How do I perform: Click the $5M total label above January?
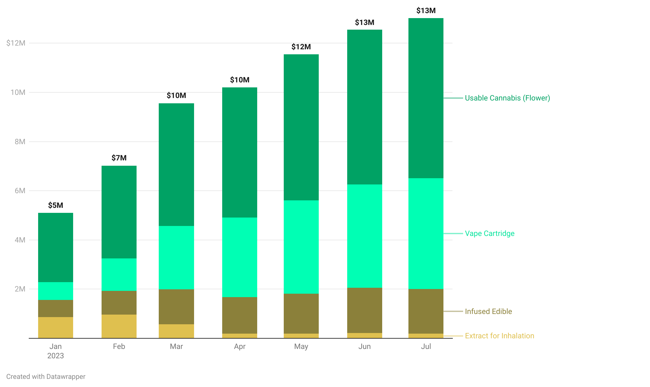point(56,205)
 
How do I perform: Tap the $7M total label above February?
point(119,158)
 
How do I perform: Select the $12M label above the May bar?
point(301,47)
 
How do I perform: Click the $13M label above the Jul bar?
point(426,11)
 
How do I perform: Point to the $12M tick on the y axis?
point(16,43)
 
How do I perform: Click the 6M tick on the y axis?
point(20,191)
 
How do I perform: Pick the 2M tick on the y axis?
point(20,289)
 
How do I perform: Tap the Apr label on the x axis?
point(240,346)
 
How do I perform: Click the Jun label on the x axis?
point(364,346)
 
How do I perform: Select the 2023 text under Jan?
point(56,356)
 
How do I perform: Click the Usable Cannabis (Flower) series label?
point(507,98)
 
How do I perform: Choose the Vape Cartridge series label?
point(489,233)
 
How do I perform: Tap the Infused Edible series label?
point(488,311)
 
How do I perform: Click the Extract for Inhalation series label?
point(499,336)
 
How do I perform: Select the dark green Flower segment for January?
point(56,247)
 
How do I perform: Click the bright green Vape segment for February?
point(119,275)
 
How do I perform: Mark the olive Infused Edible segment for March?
point(176,307)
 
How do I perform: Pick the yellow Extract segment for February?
point(119,326)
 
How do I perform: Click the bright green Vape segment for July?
point(426,233)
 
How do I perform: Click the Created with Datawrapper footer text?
point(46,377)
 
